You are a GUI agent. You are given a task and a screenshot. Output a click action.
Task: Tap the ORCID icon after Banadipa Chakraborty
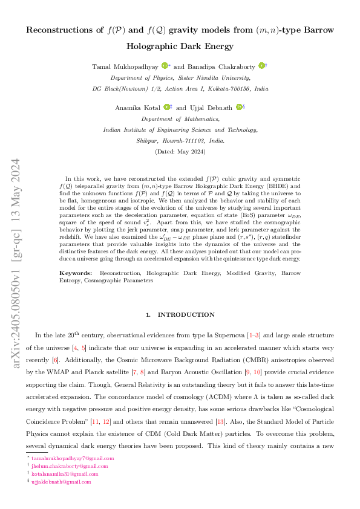261,66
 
